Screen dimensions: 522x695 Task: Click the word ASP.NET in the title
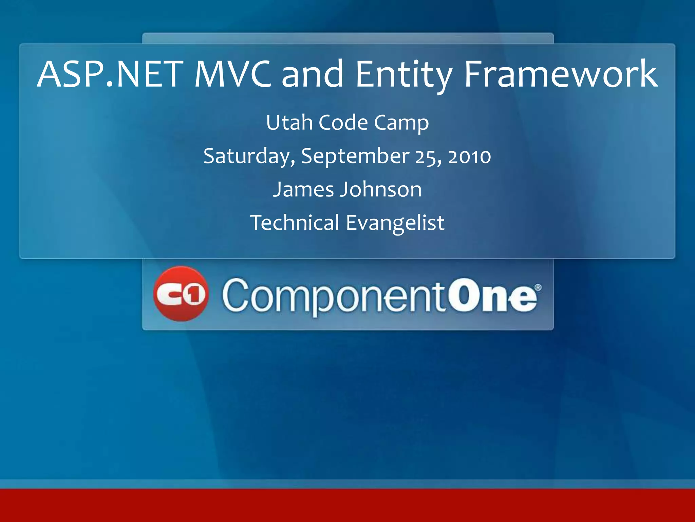[110, 74]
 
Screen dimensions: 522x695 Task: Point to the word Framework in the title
[561, 74]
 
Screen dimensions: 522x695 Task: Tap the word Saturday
[249, 157]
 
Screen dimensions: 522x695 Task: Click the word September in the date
[355, 157]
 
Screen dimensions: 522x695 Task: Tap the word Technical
[295, 223]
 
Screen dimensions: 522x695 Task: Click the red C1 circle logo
[181, 294]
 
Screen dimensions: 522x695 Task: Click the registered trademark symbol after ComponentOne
[538, 288]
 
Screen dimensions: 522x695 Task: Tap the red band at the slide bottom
[347, 505]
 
